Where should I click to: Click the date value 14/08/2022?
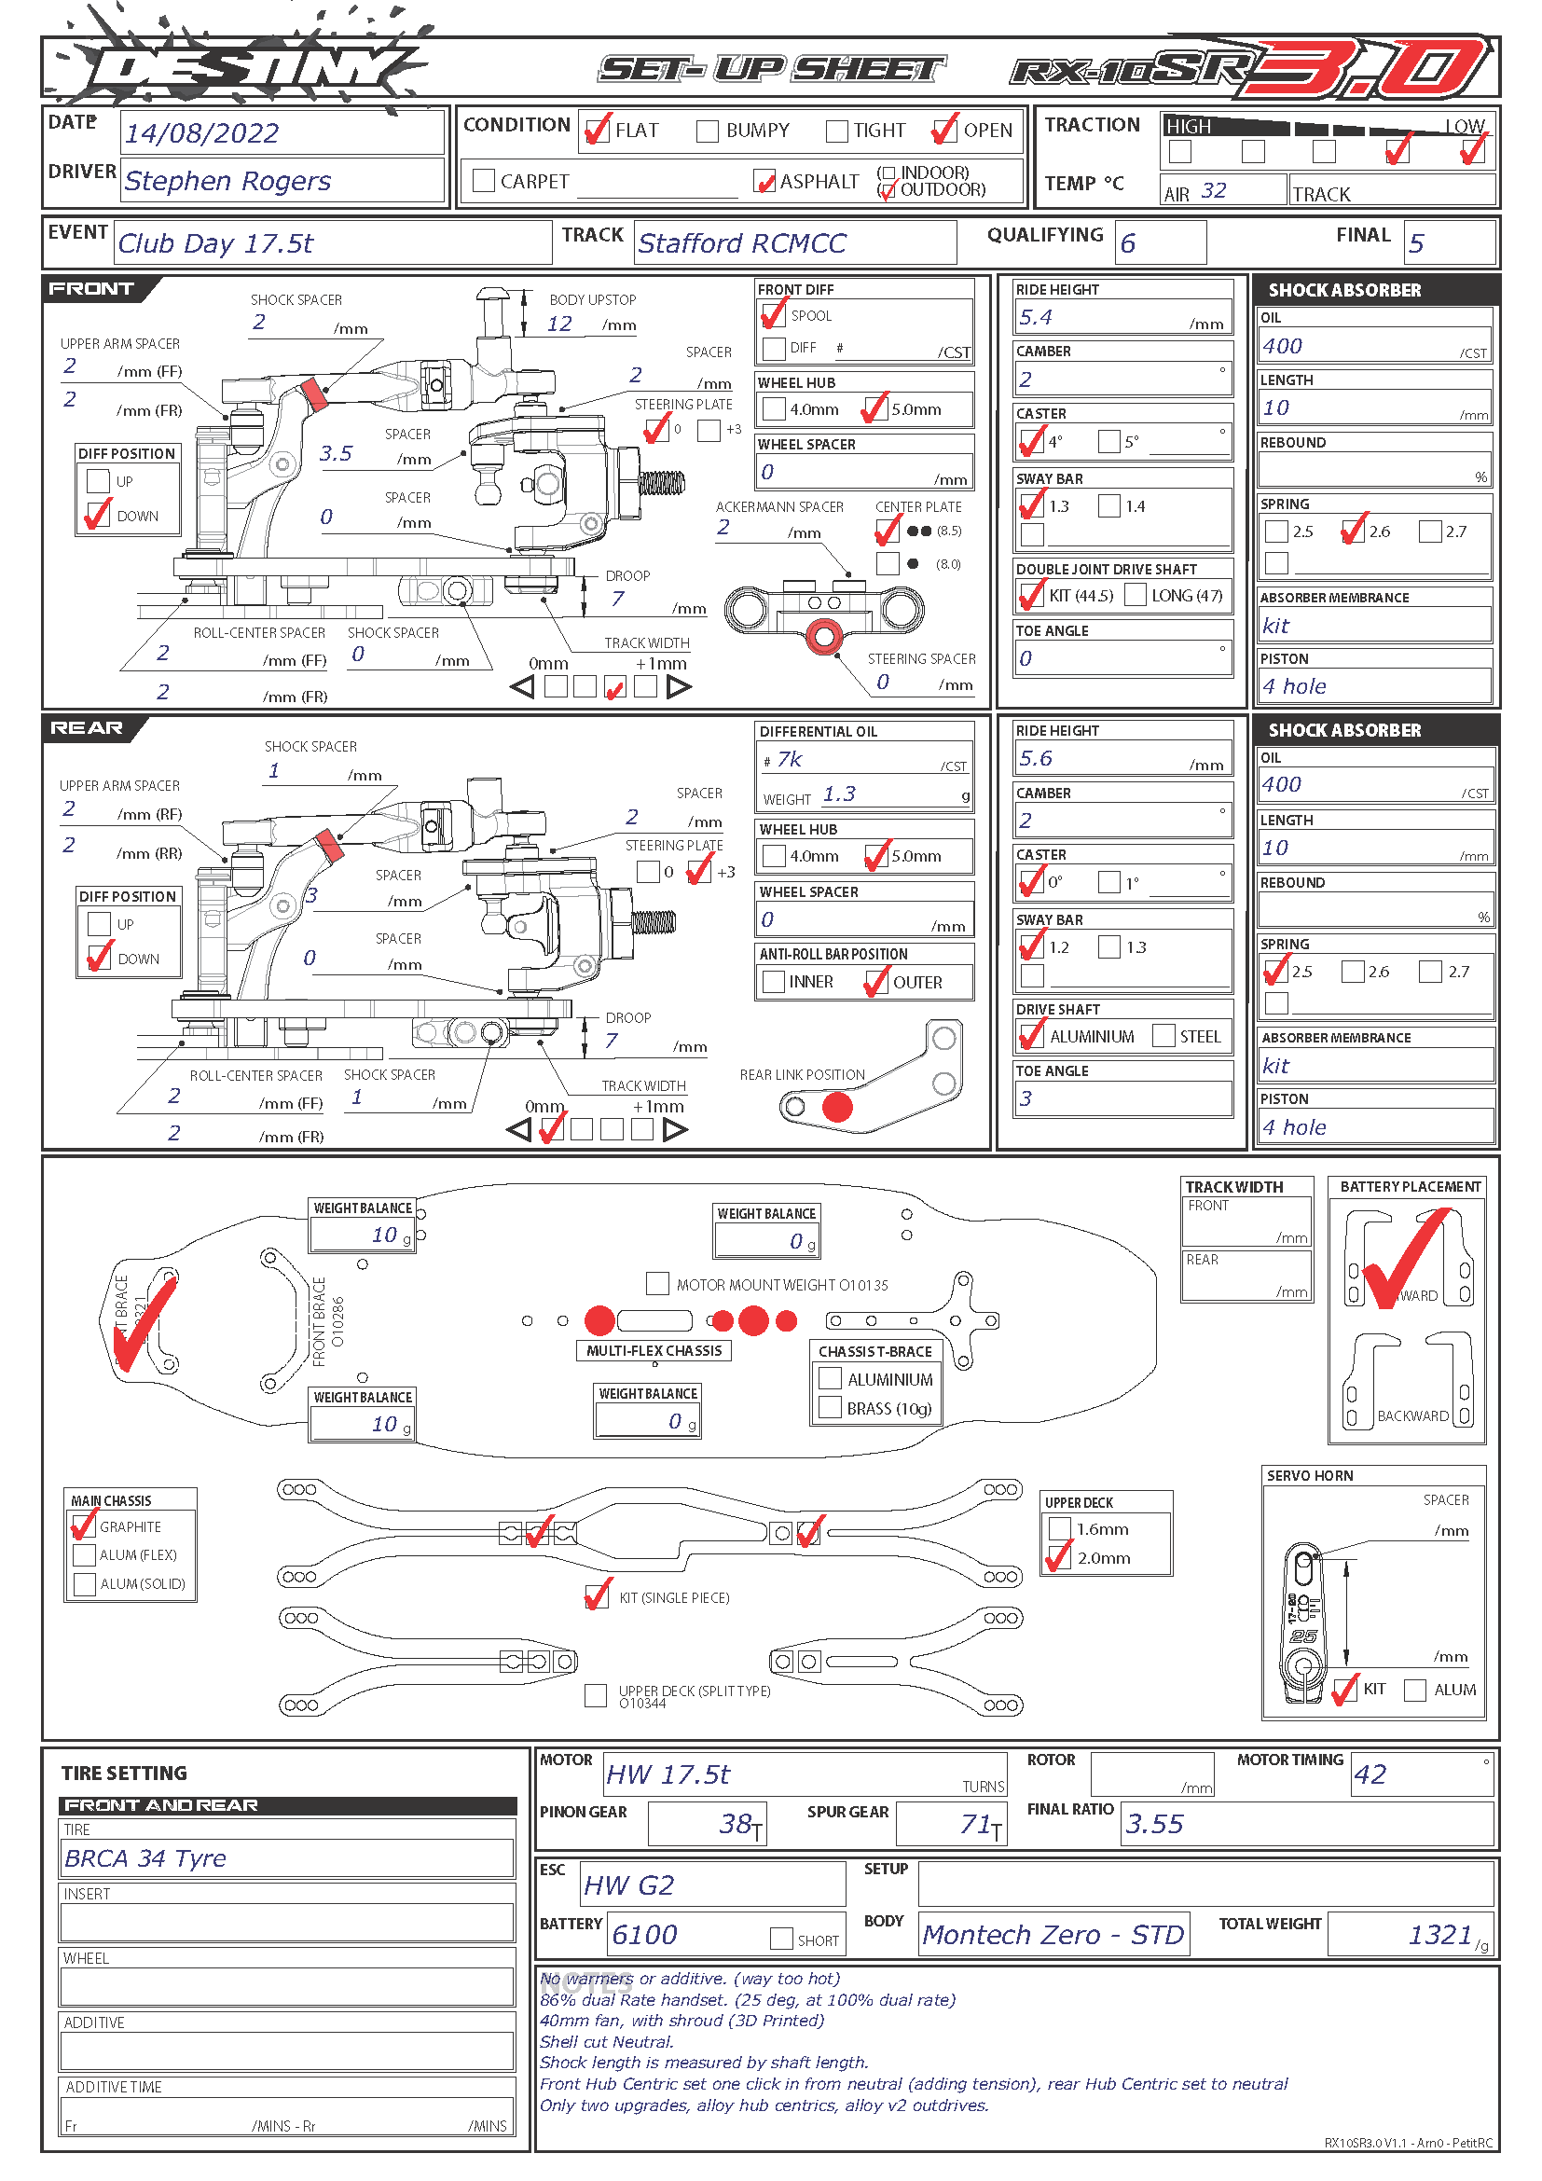(202, 133)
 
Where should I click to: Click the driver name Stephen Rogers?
(227, 181)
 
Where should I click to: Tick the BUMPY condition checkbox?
(708, 131)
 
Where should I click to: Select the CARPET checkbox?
(483, 181)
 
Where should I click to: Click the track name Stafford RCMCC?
(741, 243)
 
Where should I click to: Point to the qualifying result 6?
(1128, 243)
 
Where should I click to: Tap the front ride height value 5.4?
(1035, 317)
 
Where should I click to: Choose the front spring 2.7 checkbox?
(1429, 531)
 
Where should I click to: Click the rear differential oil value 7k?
(789, 759)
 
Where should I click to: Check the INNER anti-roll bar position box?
(774, 981)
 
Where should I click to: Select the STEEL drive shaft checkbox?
(1163, 1035)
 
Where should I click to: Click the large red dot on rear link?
(837, 1107)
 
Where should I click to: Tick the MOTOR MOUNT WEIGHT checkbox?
(656, 1283)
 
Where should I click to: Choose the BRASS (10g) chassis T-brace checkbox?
(830, 1407)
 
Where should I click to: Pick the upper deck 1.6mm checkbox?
(1059, 1528)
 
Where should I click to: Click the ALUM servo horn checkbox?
(1415, 1690)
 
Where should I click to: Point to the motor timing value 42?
(1370, 1774)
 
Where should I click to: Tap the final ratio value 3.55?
(1154, 1824)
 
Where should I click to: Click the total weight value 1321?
(1439, 1935)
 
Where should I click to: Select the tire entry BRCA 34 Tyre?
(145, 1858)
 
